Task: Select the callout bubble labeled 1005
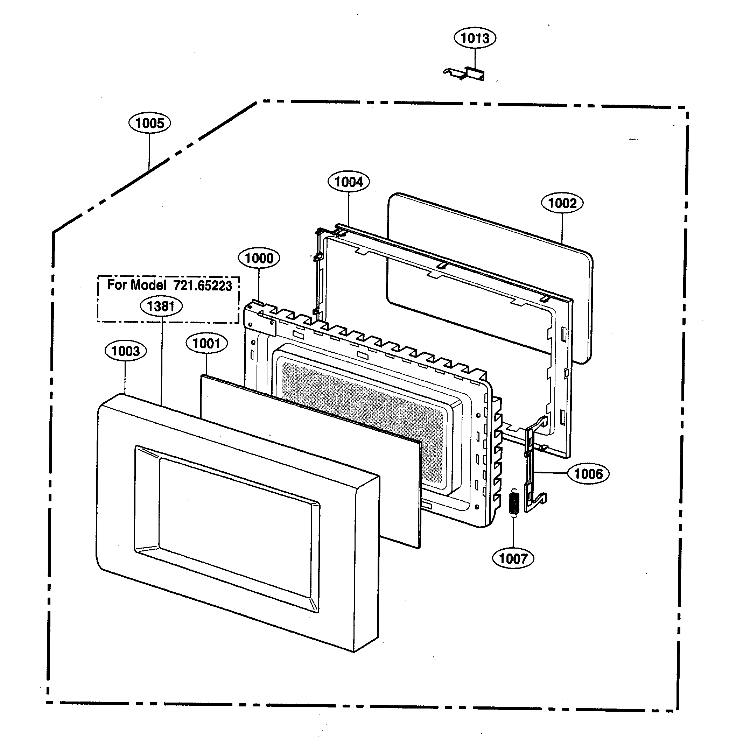150,123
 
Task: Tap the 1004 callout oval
349,182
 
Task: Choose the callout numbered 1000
259,258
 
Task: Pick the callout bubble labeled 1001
206,343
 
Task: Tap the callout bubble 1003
125,351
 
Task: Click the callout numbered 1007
513,558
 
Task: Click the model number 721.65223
202,286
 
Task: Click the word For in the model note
117,285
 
